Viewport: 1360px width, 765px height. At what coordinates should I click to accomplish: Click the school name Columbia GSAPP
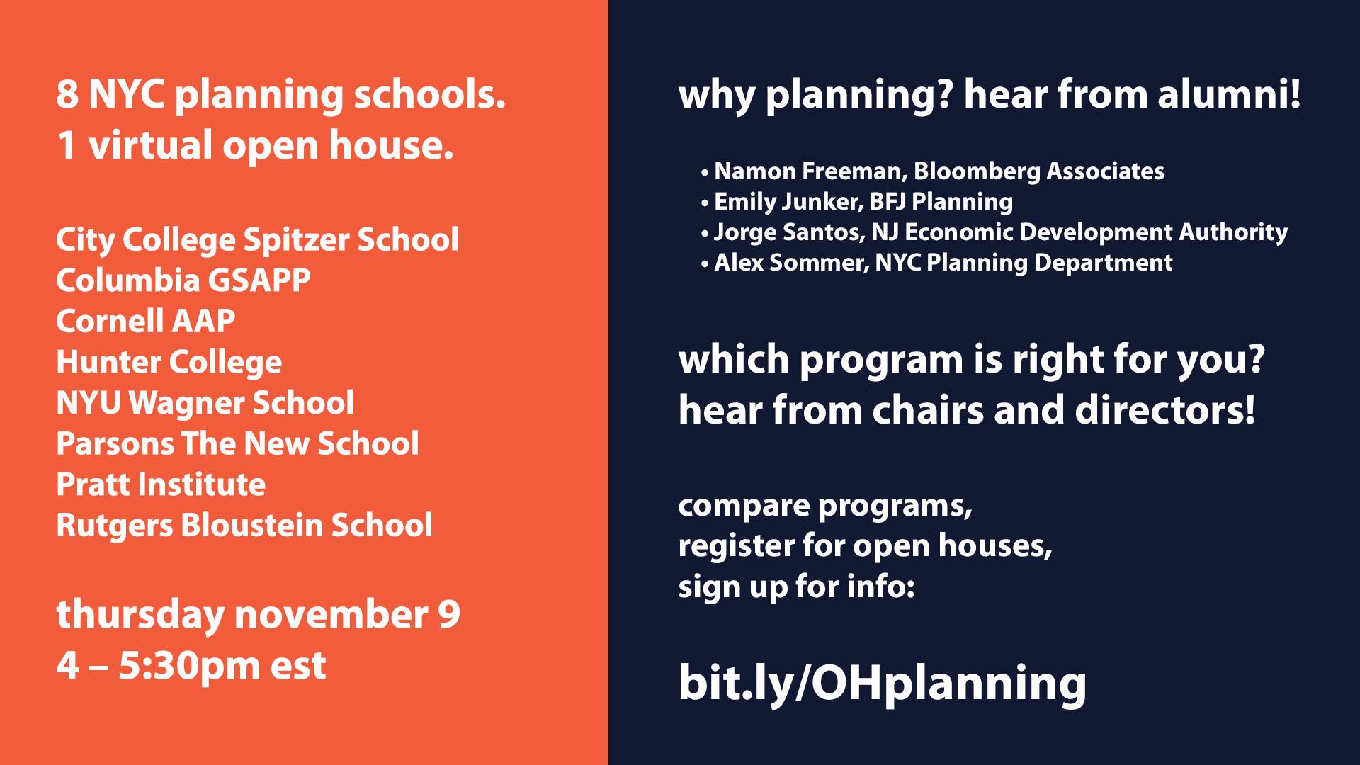pos(183,280)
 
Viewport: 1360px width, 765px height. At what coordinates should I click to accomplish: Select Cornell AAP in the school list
pos(146,321)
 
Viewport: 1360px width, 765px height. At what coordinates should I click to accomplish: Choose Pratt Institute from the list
pos(161,484)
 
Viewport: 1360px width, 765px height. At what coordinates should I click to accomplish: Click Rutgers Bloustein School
pos(244,526)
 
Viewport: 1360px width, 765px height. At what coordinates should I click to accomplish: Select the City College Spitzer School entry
pos(257,240)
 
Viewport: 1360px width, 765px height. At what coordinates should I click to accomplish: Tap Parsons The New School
pos(237,443)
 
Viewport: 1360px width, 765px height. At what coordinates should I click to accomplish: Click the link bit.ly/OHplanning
pos(883,683)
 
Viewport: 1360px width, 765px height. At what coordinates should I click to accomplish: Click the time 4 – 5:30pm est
pos(191,666)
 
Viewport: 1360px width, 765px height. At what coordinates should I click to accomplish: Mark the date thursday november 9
pos(259,615)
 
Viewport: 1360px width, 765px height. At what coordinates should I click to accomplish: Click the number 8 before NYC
pos(67,95)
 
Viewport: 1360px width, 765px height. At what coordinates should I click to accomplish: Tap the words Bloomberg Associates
pos(1039,171)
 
